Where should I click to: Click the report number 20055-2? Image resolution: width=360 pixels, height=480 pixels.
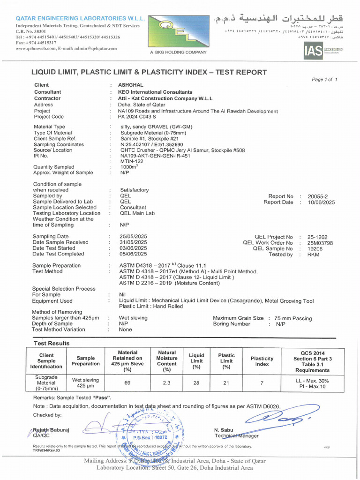[318, 196]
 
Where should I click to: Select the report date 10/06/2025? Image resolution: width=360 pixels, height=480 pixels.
[321, 202]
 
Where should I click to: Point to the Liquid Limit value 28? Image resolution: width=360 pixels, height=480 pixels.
[196, 382]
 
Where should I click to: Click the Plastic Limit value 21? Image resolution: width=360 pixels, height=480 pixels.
[226, 382]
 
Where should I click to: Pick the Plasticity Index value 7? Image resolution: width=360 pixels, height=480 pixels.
[262, 382]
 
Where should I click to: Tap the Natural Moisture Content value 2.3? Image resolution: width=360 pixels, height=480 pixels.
[166, 382]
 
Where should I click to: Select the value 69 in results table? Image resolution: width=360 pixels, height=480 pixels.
[127, 382]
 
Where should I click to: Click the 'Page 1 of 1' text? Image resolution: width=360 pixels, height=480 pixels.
[324, 80]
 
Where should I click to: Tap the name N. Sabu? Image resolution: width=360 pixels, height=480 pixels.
[224, 430]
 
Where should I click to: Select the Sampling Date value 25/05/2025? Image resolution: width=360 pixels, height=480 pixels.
[134, 236]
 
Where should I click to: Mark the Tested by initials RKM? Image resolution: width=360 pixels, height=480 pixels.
[313, 255]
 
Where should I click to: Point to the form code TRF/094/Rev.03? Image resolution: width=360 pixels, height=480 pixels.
[46, 450]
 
